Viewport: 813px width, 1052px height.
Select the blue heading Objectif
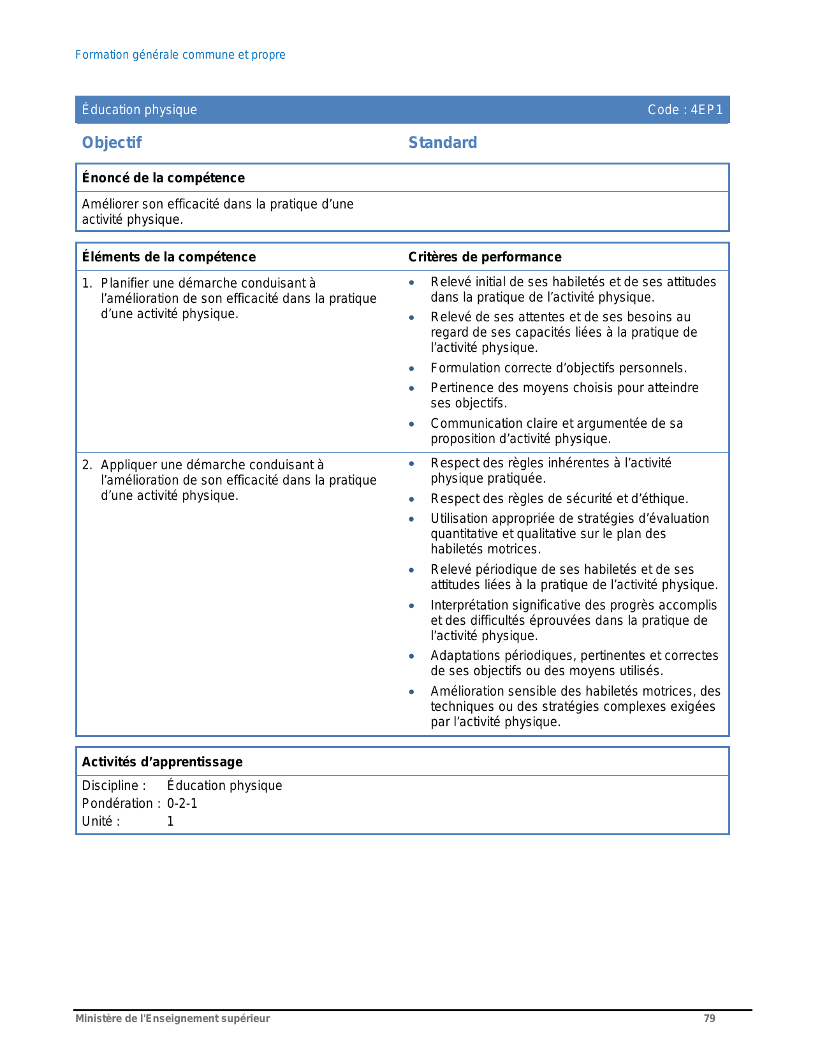[112, 143]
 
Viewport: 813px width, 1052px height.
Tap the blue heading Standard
[443, 143]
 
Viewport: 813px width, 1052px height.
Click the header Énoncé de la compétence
[163, 178]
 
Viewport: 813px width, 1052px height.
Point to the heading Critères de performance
[485, 257]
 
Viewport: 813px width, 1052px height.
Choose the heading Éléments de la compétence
[169, 257]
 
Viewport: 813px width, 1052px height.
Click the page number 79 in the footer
[709, 1018]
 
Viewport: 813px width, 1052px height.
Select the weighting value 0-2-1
[182, 803]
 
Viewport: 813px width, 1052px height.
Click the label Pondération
[118, 803]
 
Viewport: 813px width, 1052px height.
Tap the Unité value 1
[170, 821]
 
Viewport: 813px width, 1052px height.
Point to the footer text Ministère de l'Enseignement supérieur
[172, 1018]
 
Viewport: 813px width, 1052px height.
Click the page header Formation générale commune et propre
[180, 55]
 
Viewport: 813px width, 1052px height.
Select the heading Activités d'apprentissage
[162, 762]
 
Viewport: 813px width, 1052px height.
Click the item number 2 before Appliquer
[86, 465]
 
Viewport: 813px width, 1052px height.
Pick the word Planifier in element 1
[124, 283]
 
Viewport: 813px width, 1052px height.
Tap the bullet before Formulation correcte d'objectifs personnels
[412, 369]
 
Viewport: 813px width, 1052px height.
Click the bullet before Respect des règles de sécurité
[412, 499]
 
